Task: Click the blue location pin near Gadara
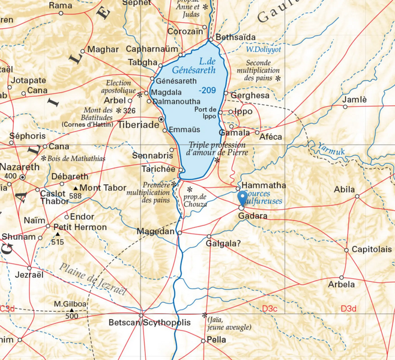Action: [x=243, y=198]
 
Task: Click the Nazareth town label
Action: [x=19, y=166]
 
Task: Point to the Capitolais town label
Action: [x=372, y=249]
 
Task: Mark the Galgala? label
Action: [x=223, y=244]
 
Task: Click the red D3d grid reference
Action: [x=348, y=308]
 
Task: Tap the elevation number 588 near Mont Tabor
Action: [x=75, y=196]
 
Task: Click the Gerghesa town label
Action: [x=249, y=95]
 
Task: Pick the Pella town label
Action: [x=216, y=340]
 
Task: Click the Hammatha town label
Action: [x=264, y=186]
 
